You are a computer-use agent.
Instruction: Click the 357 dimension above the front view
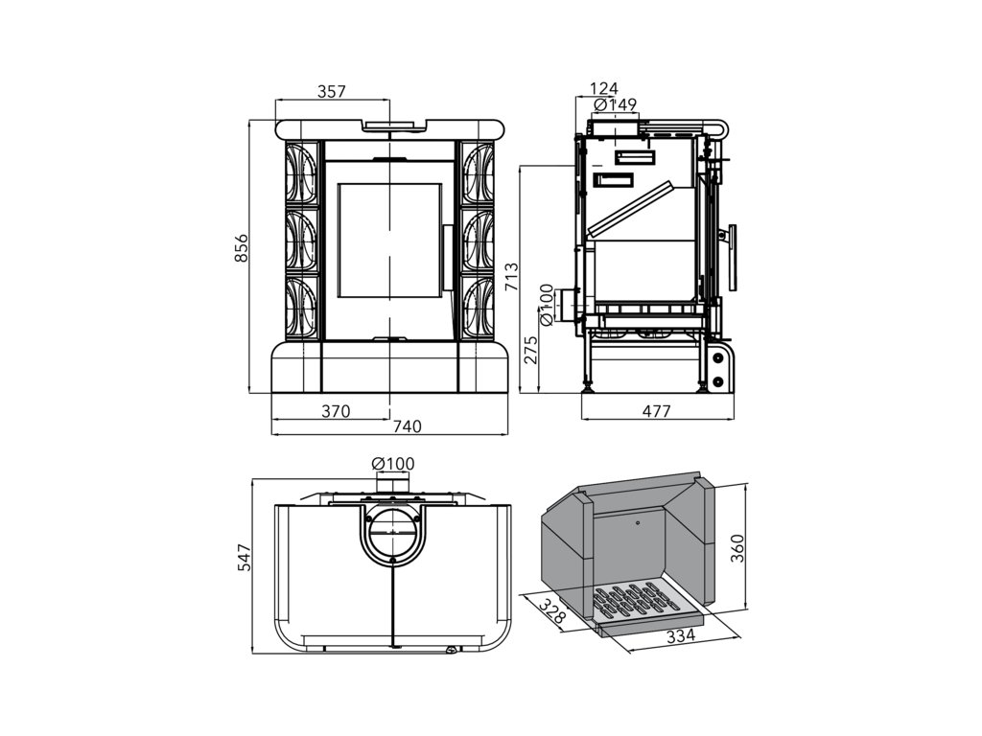(x=331, y=91)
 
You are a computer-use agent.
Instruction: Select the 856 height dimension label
(x=242, y=248)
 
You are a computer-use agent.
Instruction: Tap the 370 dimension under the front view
(x=335, y=411)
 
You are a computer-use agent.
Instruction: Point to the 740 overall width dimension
(x=407, y=425)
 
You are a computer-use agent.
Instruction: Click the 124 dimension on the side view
(x=604, y=89)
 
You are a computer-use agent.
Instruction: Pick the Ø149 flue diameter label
(x=616, y=104)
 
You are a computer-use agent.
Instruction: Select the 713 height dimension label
(x=512, y=276)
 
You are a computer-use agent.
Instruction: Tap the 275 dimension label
(x=530, y=350)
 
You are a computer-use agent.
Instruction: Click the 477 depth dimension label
(x=656, y=411)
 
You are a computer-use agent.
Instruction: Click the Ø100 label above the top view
(x=393, y=464)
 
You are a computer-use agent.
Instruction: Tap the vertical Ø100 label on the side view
(x=547, y=304)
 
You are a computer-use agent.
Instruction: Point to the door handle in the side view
(x=734, y=257)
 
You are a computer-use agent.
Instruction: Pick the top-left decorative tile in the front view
(x=301, y=172)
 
